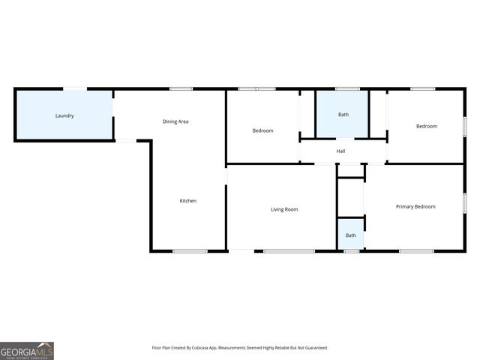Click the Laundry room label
pos(64,115)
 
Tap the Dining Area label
pos(175,121)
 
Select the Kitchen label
pos(187,200)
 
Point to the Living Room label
pos(284,209)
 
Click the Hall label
pos(340,151)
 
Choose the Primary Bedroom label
pos(415,206)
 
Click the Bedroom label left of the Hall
pos(262,130)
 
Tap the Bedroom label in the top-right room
pos(426,126)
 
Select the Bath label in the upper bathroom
pos(343,115)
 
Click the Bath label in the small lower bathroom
pos(350,235)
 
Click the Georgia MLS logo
pos(27,350)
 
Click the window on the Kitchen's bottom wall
pos(190,251)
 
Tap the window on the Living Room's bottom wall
pos(289,251)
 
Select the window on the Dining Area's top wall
pos(181,89)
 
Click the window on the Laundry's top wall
pos(74,89)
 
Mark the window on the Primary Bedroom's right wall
pos(465,202)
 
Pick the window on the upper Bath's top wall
pos(347,89)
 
